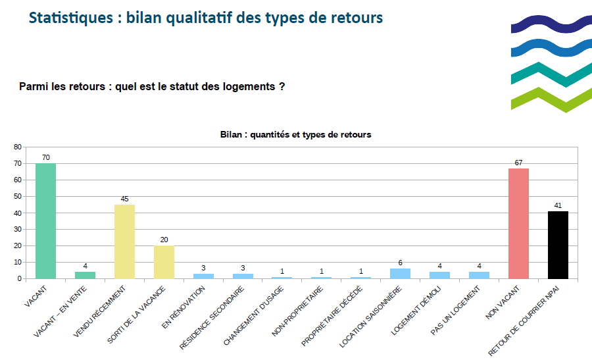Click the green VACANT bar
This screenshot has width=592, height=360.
point(45,220)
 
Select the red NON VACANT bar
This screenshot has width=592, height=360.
point(518,223)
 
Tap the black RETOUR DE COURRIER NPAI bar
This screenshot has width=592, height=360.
point(558,244)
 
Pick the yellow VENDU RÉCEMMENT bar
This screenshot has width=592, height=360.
point(124,241)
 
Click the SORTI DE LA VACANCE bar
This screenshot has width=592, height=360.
point(164,262)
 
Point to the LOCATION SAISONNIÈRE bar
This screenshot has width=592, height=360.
point(400,273)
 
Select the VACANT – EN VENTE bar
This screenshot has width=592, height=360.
point(85,274)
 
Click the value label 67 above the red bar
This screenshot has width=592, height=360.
point(518,163)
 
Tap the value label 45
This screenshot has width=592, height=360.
point(124,199)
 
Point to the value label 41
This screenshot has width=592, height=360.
point(558,205)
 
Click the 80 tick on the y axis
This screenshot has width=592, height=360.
point(17,147)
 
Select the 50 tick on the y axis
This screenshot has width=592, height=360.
point(17,196)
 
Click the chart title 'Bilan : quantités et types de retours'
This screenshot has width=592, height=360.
point(295,134)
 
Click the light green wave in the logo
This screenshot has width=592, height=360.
point(549,99)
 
